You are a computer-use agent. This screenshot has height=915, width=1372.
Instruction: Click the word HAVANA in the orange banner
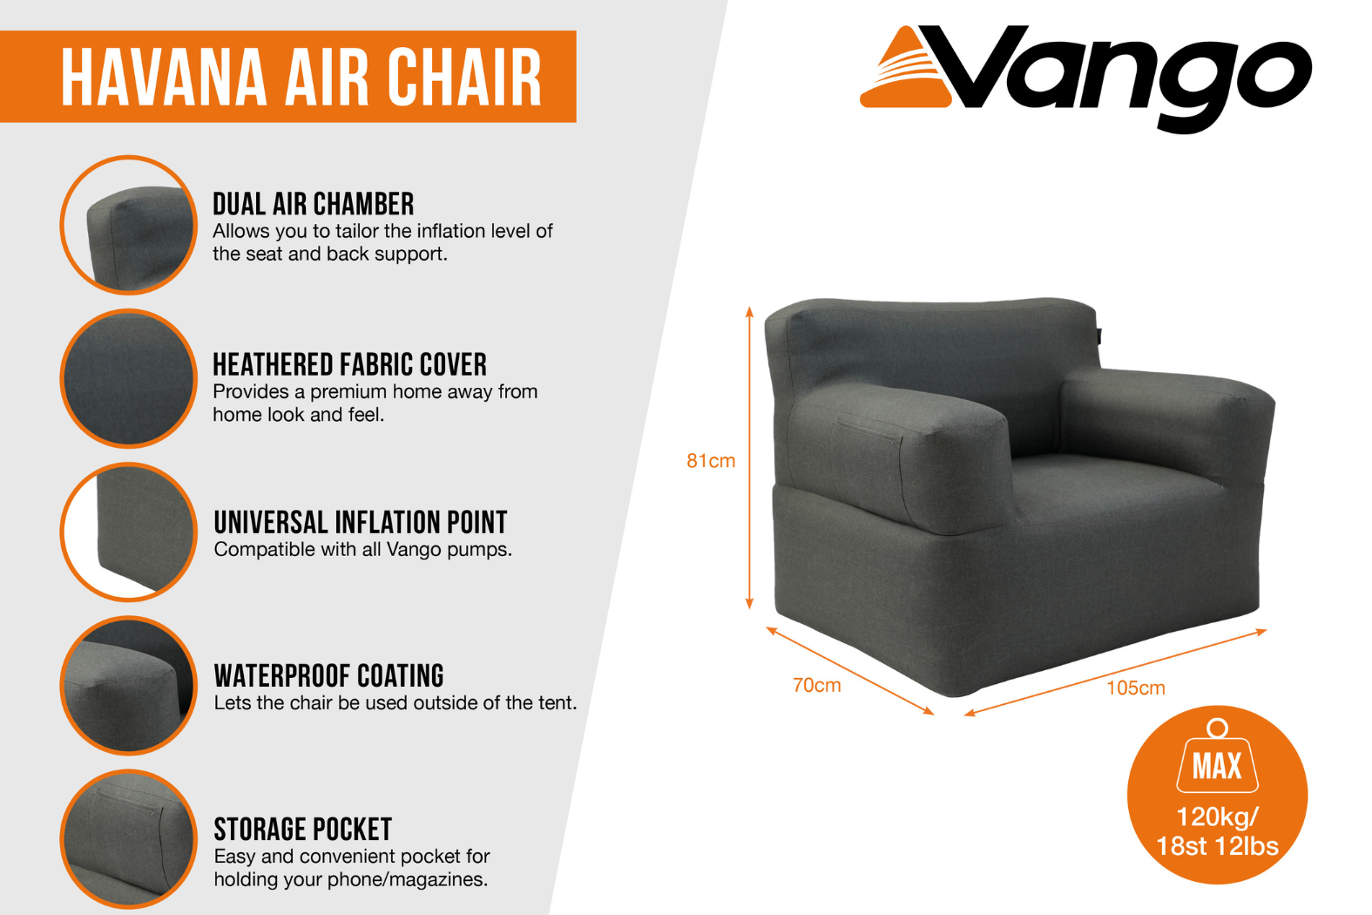point(164,77)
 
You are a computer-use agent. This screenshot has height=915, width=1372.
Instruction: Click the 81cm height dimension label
point(711,460)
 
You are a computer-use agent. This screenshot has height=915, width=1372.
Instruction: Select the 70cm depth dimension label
point(816,685)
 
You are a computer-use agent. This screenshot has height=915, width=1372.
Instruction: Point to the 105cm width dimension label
point(1135,688)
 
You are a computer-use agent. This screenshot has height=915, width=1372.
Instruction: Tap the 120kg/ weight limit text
point(1217,817)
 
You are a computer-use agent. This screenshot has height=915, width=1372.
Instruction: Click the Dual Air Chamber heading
point(313,204)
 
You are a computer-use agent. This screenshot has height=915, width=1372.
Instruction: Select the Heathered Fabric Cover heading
point(349,364)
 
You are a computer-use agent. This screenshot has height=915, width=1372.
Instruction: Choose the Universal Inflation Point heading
point(360,523)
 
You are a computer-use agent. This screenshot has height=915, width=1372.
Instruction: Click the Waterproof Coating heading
point(328,676)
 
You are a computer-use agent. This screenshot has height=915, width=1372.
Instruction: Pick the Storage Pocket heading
point(302,830)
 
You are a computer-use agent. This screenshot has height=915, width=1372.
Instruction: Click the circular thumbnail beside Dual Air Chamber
point(129,225)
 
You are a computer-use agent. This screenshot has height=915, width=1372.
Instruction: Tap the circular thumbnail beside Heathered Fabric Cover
point(129,379)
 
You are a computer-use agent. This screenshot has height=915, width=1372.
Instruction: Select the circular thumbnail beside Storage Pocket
point(129,839)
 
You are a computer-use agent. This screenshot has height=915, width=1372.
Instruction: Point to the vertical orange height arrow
point(748,457)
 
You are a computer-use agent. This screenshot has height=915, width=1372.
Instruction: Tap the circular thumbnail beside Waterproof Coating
point(129,685)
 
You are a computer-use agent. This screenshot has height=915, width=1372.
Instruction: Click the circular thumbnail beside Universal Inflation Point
point(129,532)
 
